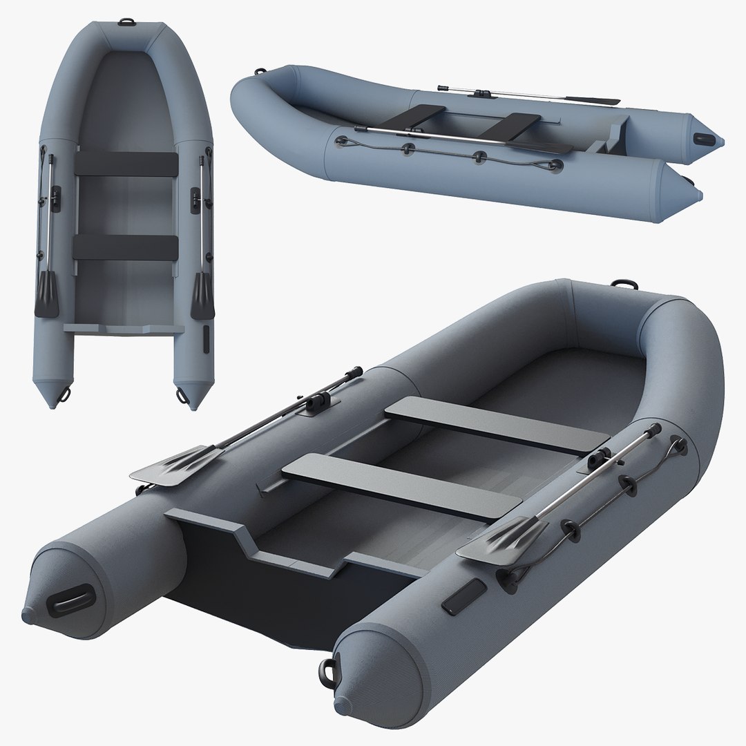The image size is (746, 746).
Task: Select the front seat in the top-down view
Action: click(126, 163)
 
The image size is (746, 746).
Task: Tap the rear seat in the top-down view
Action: click(126, 247)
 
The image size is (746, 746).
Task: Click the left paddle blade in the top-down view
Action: click(46, 293)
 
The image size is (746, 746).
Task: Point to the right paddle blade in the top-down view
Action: click(204, 294)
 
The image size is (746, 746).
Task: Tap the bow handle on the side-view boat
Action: click(260, 71)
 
